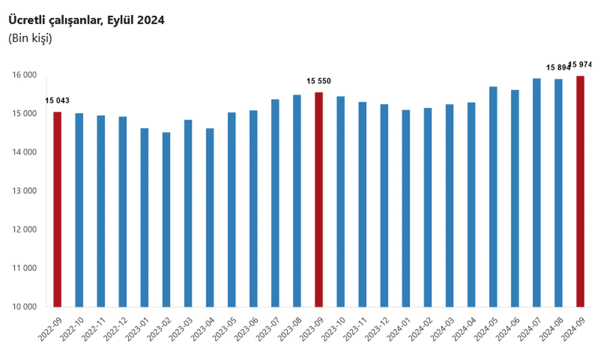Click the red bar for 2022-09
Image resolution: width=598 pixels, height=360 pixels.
click(57, 209)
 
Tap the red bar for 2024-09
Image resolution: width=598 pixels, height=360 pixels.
click(580, 191)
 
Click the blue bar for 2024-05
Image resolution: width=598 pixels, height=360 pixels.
click(493, 196)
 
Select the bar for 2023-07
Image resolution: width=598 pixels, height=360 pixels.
click(275, 203)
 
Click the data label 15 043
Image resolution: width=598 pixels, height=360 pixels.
click(57, 101)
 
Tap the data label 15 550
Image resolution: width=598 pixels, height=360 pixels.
click(319, 81)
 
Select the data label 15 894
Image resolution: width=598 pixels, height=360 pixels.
click(558, 67)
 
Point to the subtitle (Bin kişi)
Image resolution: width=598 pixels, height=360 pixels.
click(30, 39)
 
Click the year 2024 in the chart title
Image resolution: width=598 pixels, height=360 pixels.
click(150, 21)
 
